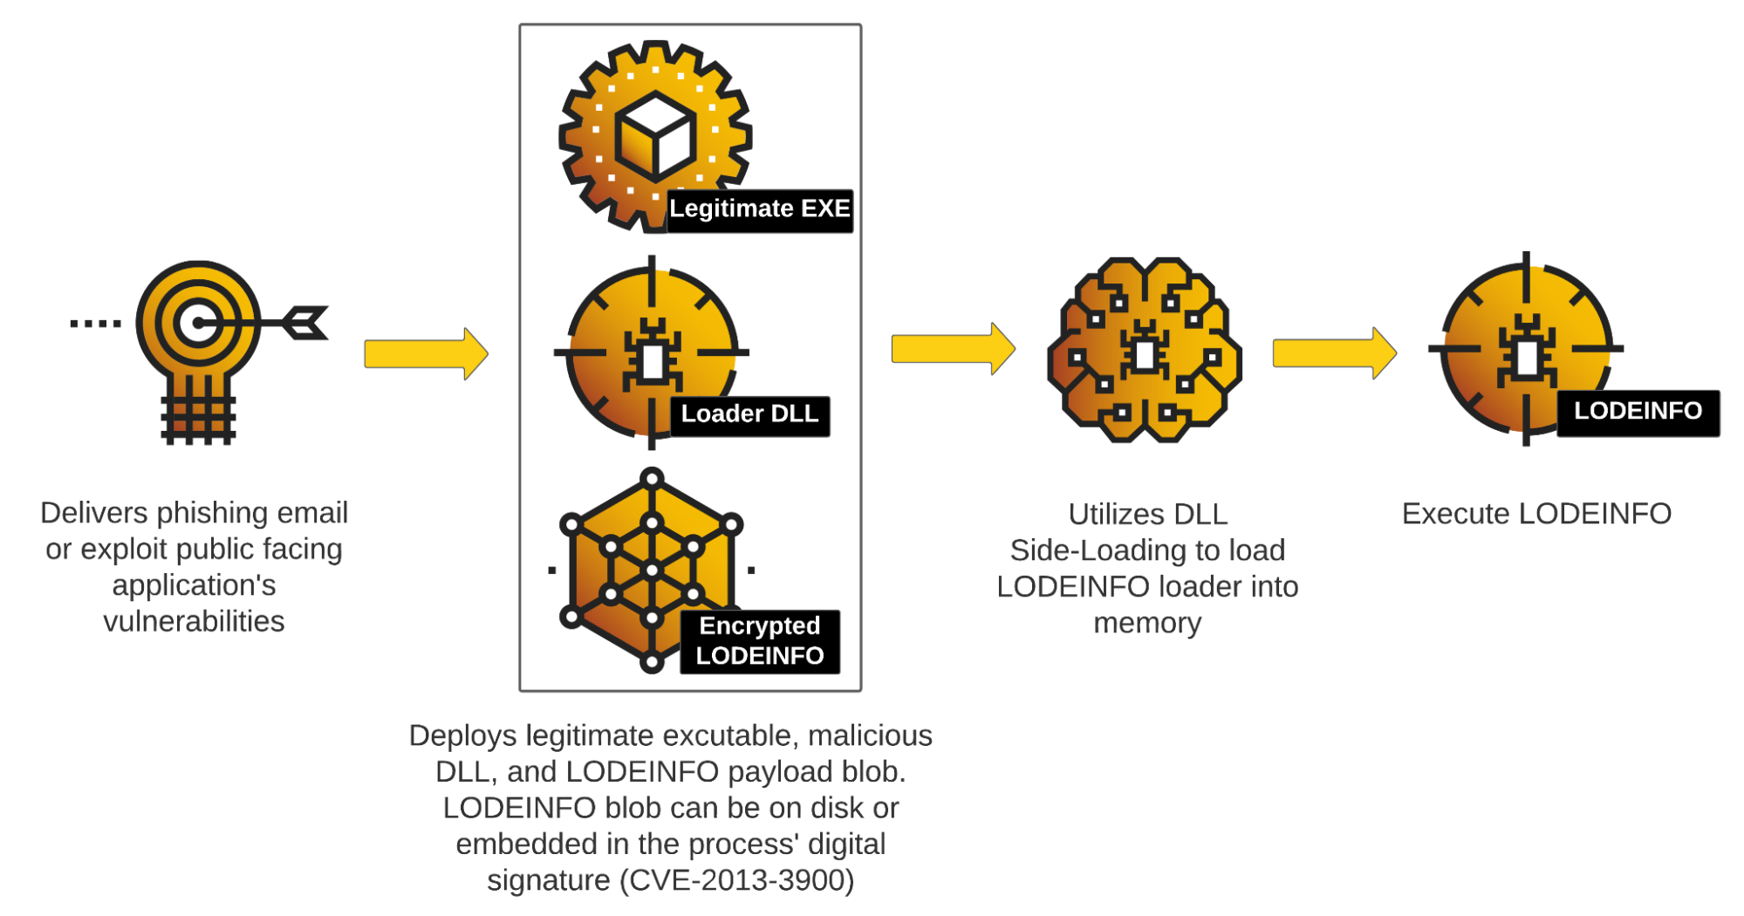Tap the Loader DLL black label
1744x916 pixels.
[x=749, y=414]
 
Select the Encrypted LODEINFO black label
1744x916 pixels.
[x=760, y=641]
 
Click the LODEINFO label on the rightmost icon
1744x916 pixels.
[x=1638, y=412]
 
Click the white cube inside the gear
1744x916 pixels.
[x=655, y=135]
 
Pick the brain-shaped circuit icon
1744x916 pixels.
[x=1145, y=349]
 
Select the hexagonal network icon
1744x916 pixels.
[x=651, y=571]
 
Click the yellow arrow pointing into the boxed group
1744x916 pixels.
[x=426, y=354]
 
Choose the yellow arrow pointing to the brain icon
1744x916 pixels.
[x=953, y=349]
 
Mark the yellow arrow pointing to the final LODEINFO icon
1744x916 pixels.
[x=1334, y=353]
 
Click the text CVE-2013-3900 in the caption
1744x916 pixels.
[x=737, y=879]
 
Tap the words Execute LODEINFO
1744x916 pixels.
[x=1535, y=514]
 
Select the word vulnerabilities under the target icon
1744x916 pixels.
[x=194, y=621]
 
